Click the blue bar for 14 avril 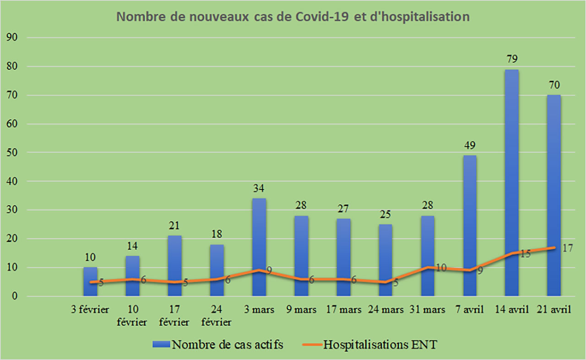(511, 183)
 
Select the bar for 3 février (90, 282)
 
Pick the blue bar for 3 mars (259, 247)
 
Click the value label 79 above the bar (511, 60)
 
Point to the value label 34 (259, 188)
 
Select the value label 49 (470, 146)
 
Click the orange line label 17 (568, 248)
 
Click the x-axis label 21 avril (554, 310)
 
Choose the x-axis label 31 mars (427, 310)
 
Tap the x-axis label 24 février (217, 316)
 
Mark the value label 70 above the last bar (553, 85)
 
